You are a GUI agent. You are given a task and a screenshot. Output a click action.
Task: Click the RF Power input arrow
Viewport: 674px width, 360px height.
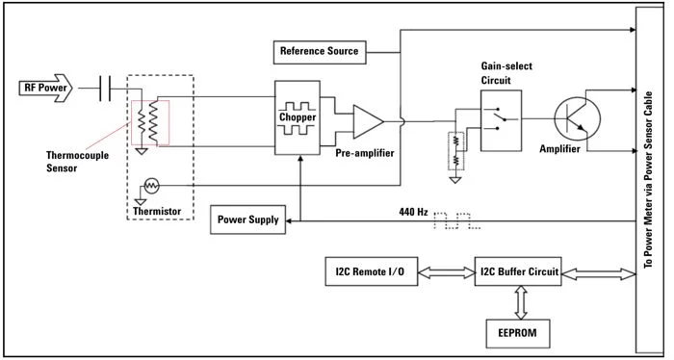pos(45,88)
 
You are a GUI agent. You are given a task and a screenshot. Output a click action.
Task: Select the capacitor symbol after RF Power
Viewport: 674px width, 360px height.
pos(105,88)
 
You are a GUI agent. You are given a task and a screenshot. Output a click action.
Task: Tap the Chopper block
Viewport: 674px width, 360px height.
pos(298,117)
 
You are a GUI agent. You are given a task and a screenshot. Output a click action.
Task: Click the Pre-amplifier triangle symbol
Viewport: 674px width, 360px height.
pos(368,121)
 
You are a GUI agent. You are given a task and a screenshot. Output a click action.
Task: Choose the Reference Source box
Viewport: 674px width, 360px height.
pos(320,52)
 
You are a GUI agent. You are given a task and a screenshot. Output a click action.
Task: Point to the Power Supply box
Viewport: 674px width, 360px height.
pos(248,219)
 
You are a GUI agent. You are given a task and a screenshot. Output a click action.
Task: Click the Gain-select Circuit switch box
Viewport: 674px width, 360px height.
pos(502,120)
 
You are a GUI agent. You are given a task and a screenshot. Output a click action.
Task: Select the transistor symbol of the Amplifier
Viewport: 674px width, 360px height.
pos(578,118)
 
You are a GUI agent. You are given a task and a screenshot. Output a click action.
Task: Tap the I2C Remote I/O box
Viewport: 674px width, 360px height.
pos(371,271)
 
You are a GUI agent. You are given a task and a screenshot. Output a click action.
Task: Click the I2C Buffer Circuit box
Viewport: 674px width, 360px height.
pos(518,271)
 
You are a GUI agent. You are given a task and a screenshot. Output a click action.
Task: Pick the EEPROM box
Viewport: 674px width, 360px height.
pos(518,333)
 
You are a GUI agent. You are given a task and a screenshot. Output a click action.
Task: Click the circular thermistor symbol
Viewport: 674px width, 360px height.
pos(151,186)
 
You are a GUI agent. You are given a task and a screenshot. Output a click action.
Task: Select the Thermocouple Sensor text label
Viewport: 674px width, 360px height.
pos(77,162)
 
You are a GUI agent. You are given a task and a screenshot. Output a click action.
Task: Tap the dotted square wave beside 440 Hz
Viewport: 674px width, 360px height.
pos(457,220)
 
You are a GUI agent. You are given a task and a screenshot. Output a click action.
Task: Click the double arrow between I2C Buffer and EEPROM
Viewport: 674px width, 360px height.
pos(521,302)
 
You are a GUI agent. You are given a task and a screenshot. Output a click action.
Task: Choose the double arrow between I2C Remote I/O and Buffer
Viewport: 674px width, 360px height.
pos(446,271)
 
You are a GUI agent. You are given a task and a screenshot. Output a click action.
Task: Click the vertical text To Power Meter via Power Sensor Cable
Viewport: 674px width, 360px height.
pos(649,180)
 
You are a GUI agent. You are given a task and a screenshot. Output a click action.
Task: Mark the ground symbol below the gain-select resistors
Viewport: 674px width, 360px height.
pos(455,179)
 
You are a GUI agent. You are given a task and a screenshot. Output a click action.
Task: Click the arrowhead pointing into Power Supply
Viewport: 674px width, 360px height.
pos(289,220)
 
